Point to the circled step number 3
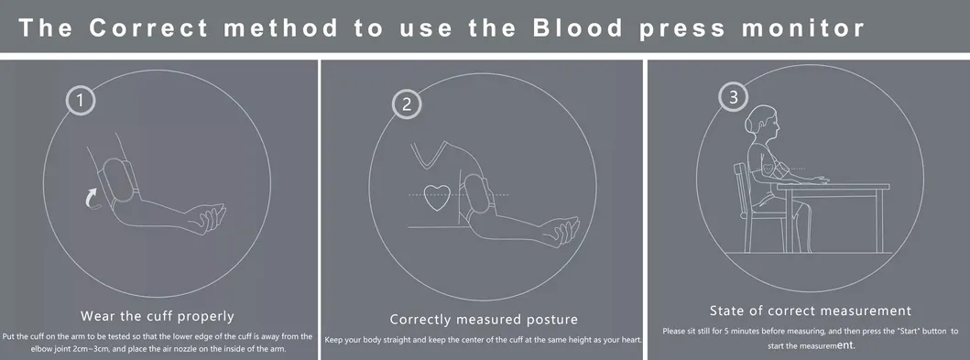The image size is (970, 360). [x=733, y=96]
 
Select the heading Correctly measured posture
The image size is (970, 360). [x=483, y=319]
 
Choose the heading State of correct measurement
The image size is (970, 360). [x=810, y=311]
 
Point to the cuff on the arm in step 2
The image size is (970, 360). [x=476, y=195]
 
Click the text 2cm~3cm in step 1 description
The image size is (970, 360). [x=97, y=349]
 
